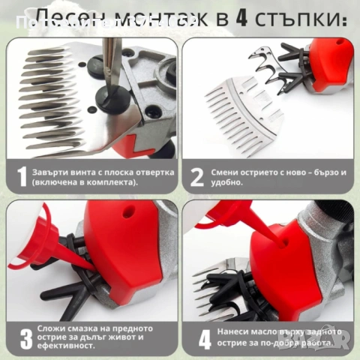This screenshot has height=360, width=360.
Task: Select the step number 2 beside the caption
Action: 196,176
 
